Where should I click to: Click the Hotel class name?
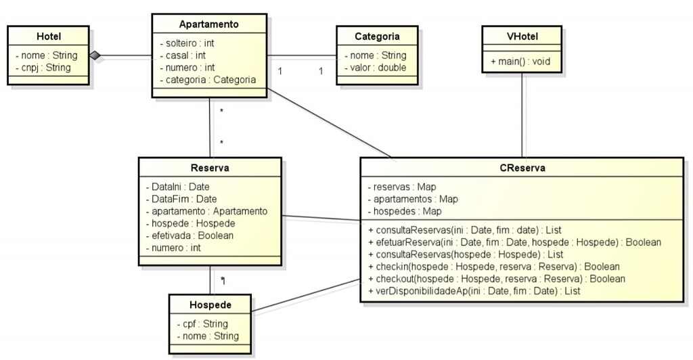click(x=48, y=37)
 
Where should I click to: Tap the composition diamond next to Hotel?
click(x=95, y=55)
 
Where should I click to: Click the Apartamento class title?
click(x=208, y=24)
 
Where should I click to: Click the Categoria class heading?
click(x=377, y=37)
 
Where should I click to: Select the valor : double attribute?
click(x=378, y=68)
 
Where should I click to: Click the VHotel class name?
click(x=522, y=37)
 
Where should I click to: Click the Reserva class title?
click(x=210, y=168)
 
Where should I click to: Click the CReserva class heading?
click(x=521, y=168)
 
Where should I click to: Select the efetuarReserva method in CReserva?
click(x=514, y=242)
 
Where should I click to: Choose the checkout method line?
click(x=496, y=279)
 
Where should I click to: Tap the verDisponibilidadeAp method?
click(x=474, y=291)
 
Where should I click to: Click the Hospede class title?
click(x=210, y=305)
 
